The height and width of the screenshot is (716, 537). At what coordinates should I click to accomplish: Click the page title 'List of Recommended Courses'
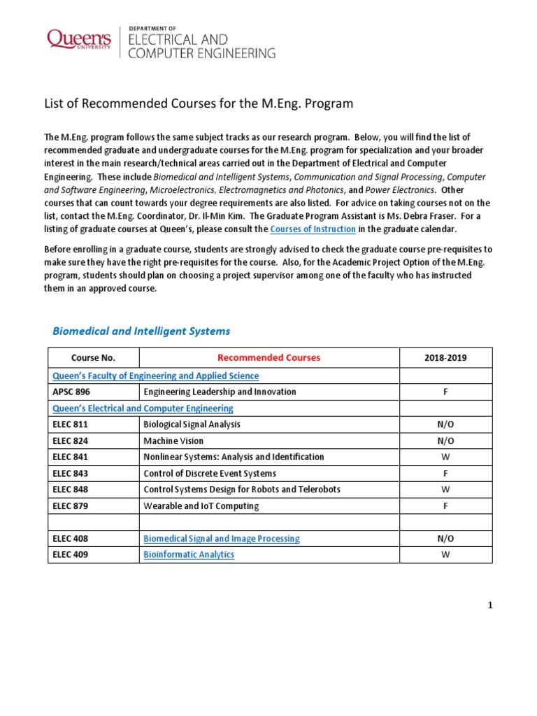(x=199, y=103)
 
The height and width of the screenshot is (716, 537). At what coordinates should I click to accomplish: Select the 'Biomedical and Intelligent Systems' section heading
(x=141, y=331)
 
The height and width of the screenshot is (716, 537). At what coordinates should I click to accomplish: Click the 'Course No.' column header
(x=93, y=357)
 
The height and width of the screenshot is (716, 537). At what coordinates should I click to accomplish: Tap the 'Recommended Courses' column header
(x=268, y=357)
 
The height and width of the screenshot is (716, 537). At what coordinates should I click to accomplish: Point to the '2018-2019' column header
(x=445, y=357)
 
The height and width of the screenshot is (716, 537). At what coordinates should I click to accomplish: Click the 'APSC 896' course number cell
(x=73, y=392)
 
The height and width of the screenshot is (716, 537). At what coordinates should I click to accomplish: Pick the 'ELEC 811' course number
(x=70, y=424)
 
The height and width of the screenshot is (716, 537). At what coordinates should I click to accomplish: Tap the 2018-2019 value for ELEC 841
(x=445, y=457)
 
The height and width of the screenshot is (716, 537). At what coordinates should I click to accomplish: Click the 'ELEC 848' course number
(x=70, y=489)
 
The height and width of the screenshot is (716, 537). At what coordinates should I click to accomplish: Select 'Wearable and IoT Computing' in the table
(x=201, y=506)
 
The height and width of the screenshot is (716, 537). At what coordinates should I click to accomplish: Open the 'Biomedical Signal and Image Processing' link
(x=221, y=538)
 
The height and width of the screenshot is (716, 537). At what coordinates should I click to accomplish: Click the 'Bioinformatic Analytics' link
(x=189, y=554)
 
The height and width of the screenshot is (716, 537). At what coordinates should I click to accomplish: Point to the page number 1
(x=491, y=606)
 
